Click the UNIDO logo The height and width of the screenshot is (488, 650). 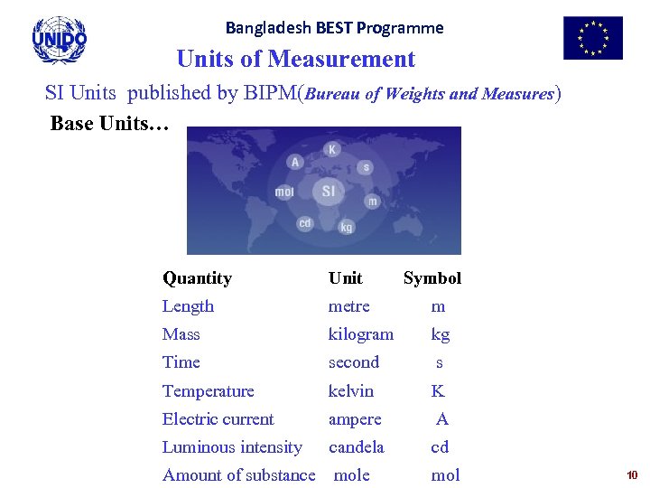coord(60,40)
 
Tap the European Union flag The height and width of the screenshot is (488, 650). coord(592,38)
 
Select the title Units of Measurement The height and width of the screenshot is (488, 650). coord(296,60)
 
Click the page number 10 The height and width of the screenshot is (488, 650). coord(632,474)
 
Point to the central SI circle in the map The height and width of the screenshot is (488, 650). coord(328,191)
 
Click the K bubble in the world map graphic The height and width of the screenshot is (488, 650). coord(332,149)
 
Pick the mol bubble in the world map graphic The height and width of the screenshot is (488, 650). coord(284,192)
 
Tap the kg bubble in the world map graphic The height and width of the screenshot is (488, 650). coord(346,227)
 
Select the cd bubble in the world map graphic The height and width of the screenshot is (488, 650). coord(305,222)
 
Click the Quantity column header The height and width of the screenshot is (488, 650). coord(197,278)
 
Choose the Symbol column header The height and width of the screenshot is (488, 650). coord(432,278)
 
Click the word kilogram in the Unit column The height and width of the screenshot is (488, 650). coord(360,334)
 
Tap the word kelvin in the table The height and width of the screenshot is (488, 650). coord(350,391)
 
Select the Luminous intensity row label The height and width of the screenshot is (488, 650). coord(232,447)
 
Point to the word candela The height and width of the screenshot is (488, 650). coord(356,447)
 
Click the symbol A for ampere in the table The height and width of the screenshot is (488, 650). coord(441,419)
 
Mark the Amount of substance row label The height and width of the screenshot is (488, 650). coord(238,475)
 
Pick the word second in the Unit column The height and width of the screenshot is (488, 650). coord(353,362)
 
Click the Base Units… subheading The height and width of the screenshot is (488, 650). coord(109,124)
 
